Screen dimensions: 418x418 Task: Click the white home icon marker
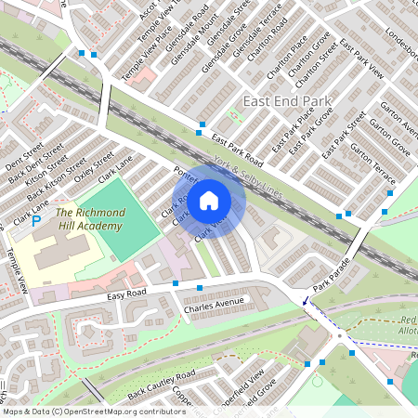(209, 200)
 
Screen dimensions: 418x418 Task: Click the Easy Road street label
(128, 296)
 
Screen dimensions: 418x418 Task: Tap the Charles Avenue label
(213, 302)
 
